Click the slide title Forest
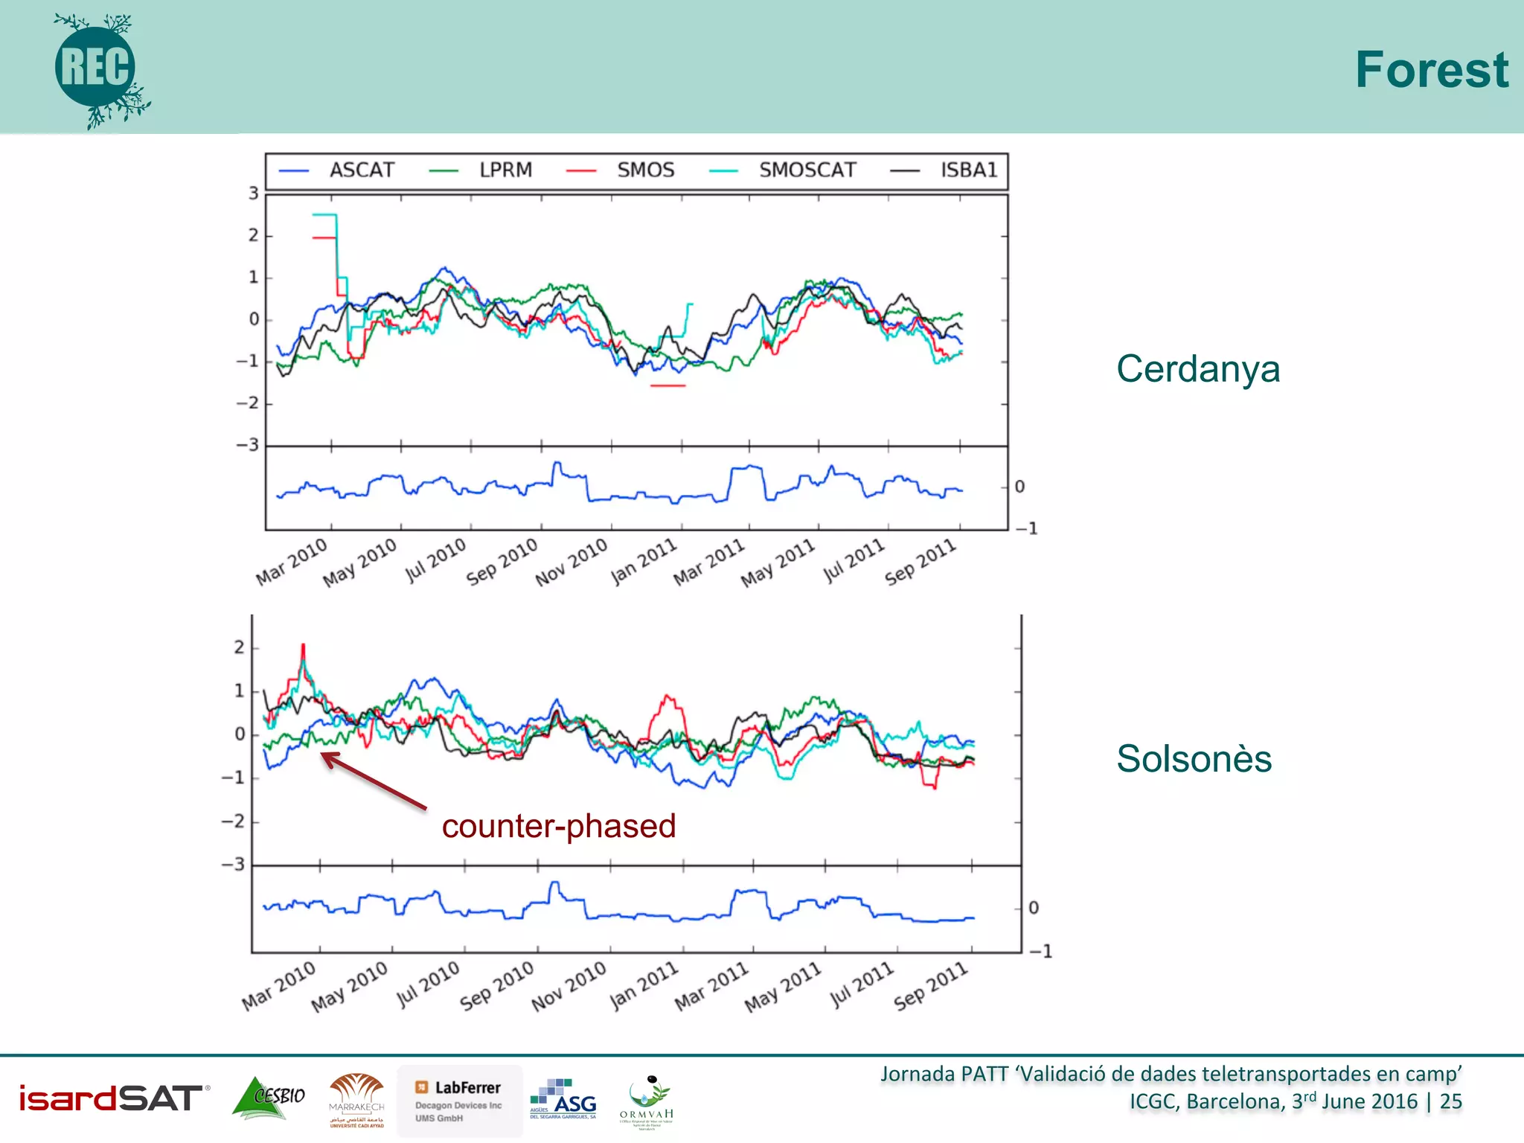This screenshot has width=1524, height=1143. pos(1430,70)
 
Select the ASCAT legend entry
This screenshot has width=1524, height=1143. pos(361,170)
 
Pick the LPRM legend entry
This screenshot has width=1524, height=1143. pos(505,170)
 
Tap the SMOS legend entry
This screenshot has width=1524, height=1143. pos(644,170)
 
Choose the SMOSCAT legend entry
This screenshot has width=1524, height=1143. pos(807,170)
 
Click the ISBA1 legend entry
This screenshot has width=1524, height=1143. pos(967,170)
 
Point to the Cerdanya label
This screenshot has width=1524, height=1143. pos(1197,369)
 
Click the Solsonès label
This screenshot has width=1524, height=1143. pos(1194,759)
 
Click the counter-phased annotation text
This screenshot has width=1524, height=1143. pos(558,826)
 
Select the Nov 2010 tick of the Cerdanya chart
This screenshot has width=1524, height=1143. pos(571,563)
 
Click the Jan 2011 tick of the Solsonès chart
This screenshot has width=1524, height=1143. pos(644,985)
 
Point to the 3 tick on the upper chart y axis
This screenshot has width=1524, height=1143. pos(254,193)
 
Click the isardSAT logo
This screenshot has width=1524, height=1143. pos(112,1098)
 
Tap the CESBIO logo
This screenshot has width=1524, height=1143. pos(269,1098)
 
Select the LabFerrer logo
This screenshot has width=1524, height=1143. pos(459,1100)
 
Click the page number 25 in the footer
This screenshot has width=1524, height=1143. pos(1450,1102)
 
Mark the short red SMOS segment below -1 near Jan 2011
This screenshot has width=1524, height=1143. pos(667,385)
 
